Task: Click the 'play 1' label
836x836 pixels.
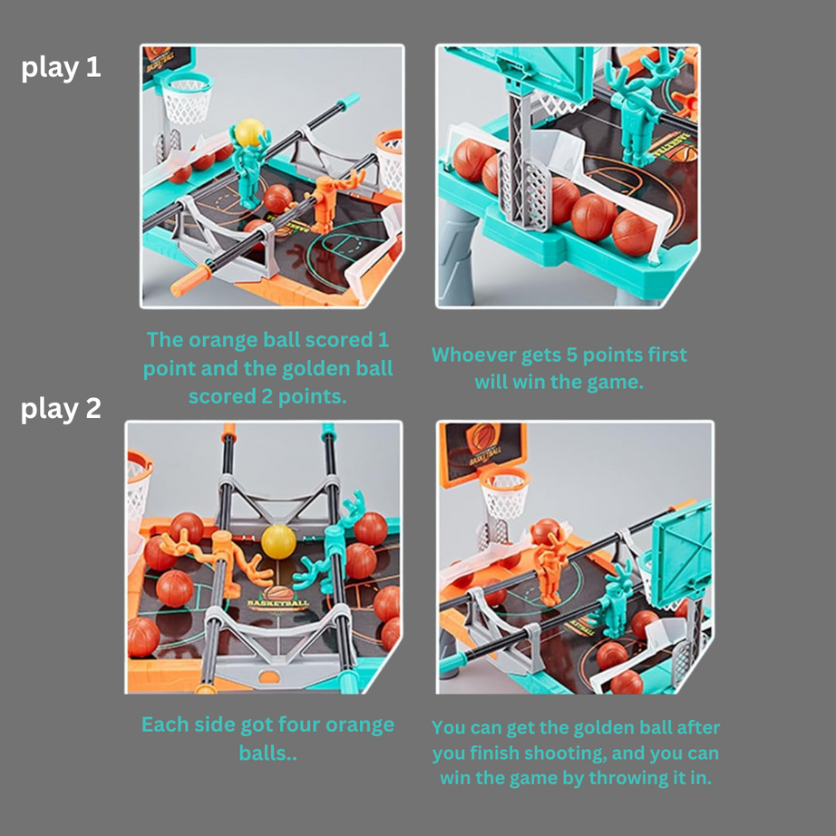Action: pos(61,68)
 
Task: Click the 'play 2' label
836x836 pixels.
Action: pos(61,409)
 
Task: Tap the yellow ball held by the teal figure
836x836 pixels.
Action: pos(249,132)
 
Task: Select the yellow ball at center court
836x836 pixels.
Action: pos(278,541)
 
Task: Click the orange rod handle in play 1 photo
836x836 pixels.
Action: pos(190,280)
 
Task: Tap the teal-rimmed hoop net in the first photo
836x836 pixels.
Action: pos(187,98)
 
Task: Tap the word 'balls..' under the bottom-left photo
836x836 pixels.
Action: pos(267,753)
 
